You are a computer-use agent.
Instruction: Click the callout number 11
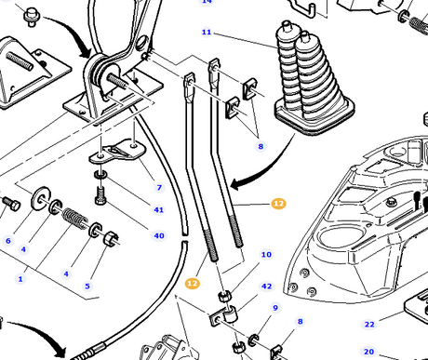point(207,32)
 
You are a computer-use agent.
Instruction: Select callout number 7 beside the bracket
point(159,188)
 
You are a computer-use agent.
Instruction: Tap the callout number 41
point(159,210)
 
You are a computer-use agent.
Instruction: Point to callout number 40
point(159,235)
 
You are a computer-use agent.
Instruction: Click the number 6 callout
point(8,241)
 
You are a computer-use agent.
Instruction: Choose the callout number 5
point(87,286)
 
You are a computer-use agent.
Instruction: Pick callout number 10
point(266,255)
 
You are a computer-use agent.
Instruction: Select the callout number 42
point(267,287)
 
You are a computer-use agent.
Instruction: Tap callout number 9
point(275,308)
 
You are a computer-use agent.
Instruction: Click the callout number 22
point(369,325)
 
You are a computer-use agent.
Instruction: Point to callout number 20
point(368,352)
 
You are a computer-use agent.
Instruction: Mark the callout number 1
point(20,279)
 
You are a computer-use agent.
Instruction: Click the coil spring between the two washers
point(74,219)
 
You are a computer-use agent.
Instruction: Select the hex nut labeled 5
point(111,239)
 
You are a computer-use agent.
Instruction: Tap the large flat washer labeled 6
point(41,197)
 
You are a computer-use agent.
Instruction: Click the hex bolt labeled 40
point(100,195)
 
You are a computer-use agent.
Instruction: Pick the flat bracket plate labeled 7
point(118,151)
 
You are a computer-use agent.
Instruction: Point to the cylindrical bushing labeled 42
point(230,313)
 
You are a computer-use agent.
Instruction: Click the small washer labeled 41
point(100,175)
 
